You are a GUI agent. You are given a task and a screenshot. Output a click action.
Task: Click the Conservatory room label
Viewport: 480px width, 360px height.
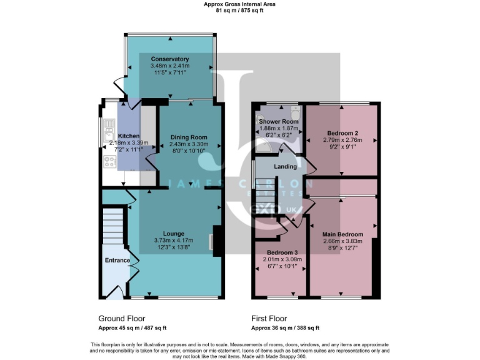point(169,59)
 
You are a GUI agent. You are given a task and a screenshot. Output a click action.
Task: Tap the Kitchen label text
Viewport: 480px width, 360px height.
point(129,136)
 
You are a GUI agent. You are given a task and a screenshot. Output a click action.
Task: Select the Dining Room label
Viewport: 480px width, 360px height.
point(189,137)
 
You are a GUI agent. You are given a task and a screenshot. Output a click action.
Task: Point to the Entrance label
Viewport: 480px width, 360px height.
point(117,260)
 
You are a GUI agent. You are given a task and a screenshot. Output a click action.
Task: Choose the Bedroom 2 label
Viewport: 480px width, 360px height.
point(342,133)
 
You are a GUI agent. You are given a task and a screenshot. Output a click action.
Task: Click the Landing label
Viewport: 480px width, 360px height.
point(285,166)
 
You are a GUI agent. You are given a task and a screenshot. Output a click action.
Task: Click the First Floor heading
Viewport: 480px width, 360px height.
point(269,317)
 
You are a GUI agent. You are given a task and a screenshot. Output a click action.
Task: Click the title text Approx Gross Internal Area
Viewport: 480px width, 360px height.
point(239,4)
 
